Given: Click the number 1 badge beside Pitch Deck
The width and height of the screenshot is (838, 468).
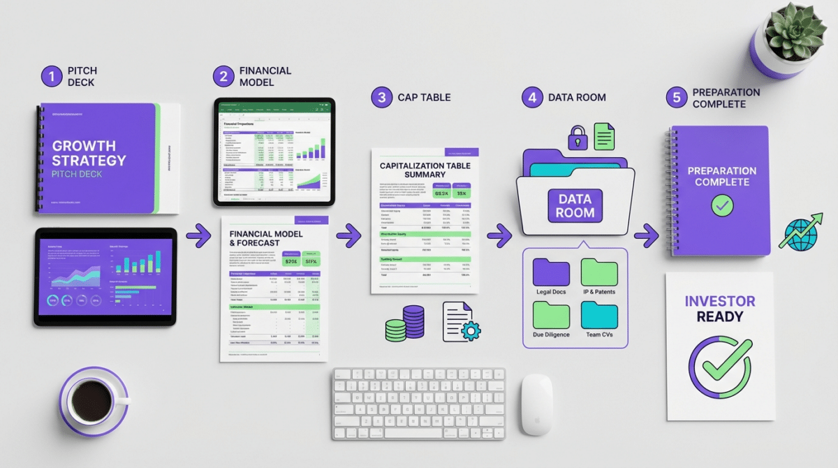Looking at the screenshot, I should [52, 77].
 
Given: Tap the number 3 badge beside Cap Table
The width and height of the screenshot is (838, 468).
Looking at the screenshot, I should [381, 97].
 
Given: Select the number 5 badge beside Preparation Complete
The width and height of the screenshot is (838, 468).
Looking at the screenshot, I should [676, 98].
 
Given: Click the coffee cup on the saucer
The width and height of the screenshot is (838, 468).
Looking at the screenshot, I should [92, 399].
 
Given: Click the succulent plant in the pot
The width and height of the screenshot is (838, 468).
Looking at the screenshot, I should [795, 31].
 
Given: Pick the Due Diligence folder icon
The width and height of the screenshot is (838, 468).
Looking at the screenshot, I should [551, 315].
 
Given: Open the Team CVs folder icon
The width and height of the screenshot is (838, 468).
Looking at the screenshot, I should [599, 315].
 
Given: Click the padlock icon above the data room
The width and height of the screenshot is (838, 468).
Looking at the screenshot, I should [577, 138].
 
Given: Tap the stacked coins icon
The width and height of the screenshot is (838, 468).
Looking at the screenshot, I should [404, 323].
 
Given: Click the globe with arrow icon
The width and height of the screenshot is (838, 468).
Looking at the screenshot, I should [800, 235].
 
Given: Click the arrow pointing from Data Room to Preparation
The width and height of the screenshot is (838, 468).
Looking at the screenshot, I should [646, 235].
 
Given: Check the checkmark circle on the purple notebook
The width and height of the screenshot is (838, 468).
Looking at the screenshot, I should [721, 205].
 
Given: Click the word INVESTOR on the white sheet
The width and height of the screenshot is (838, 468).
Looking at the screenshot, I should [719, 302].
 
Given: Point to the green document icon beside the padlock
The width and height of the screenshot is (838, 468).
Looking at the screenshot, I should [605, 135].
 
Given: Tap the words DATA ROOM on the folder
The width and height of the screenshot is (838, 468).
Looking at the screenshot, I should [575, 206].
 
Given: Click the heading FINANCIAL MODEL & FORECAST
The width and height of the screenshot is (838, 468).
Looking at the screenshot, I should [266, 238].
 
